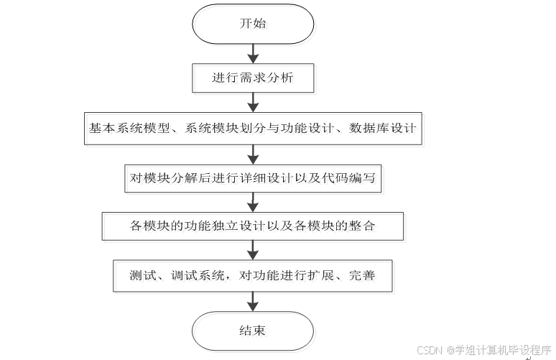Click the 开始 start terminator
[x=252, y=24]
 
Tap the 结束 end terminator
[x=252, y=331]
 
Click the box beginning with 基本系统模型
[x=252, y=128]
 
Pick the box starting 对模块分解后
[x=252, y=178]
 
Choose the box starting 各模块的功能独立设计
[x=252, y=225]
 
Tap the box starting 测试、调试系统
[x=252, y=275]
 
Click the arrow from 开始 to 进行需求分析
[x=252, y=53]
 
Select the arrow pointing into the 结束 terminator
[x=252, y=303]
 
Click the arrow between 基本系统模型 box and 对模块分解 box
[x=252, y=154]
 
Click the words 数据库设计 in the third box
[x=383, y=128]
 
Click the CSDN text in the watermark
[x=430, y=351]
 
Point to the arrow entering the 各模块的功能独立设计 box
[x=252, y=202]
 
